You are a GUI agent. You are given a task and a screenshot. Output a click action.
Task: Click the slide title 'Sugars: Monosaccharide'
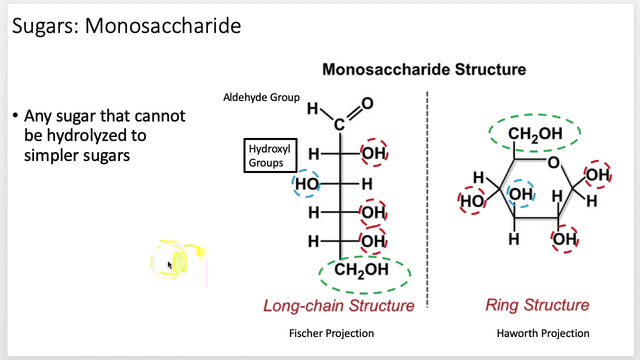click(126, 25)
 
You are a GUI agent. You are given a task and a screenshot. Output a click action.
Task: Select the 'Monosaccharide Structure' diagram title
click(423, 69)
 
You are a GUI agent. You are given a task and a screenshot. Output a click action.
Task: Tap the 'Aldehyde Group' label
click(261, 97)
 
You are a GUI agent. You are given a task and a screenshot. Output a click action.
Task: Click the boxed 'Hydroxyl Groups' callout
click(270, 156)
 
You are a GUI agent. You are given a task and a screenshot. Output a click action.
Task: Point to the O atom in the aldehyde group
click(367, 104)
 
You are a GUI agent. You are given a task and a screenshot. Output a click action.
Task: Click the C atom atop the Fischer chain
click(339, 124)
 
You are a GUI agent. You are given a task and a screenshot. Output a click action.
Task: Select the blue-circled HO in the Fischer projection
click(307, 184)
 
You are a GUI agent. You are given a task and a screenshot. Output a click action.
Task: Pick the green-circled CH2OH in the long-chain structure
click(361, 270)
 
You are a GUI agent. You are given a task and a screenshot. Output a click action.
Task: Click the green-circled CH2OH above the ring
click(535, 133)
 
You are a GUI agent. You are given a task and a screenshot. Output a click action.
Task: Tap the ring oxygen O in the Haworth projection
click(553, 162)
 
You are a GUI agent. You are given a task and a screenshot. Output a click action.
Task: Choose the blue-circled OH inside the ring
click(520, 194)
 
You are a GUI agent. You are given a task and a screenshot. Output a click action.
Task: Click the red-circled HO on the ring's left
click(472, 200)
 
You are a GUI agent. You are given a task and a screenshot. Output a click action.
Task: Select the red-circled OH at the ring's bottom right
click(564, 239)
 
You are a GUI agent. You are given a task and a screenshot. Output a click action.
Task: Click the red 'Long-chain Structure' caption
click(338, 305)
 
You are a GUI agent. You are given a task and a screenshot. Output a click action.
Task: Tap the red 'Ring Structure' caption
click(537, 305)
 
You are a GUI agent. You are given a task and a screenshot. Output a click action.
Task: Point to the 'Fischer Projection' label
click(331, 333)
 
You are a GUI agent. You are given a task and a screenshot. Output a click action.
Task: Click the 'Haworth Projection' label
click(542, 333)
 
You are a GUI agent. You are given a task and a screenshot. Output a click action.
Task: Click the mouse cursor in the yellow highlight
click(169, 265)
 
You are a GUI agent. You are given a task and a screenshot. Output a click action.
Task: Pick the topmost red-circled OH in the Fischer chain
click(373, 153)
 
